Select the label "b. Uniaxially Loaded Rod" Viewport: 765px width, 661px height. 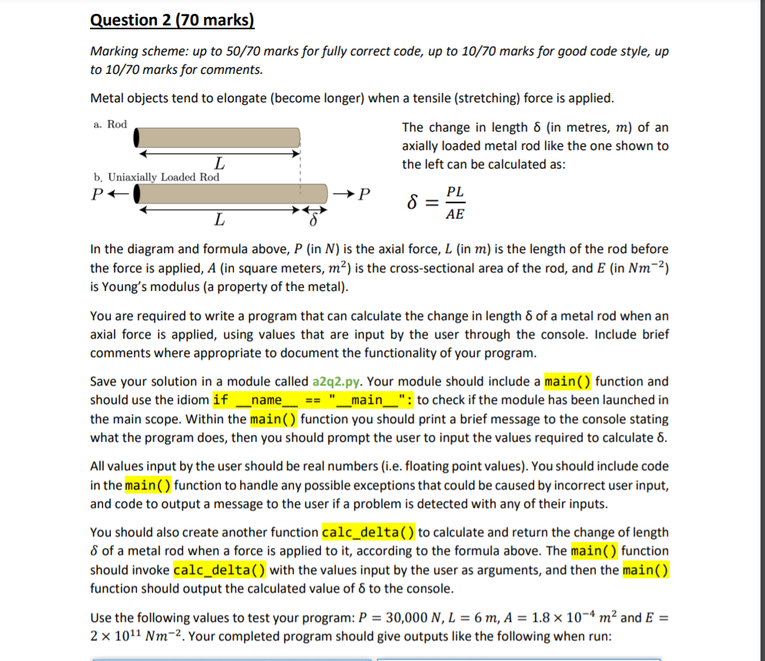(x=156, y=177)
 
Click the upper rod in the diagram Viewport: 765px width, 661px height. (x=218, y=138)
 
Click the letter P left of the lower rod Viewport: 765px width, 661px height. (x=97, y=193)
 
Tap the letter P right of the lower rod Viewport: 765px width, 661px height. (x=365, y=193)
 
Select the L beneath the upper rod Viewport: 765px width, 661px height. (x=220, y=163)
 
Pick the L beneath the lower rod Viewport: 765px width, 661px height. (x=220, y=222)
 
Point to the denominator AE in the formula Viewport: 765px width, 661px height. (x=455, y=215)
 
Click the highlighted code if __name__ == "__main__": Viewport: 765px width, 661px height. (x=312, y=400)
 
